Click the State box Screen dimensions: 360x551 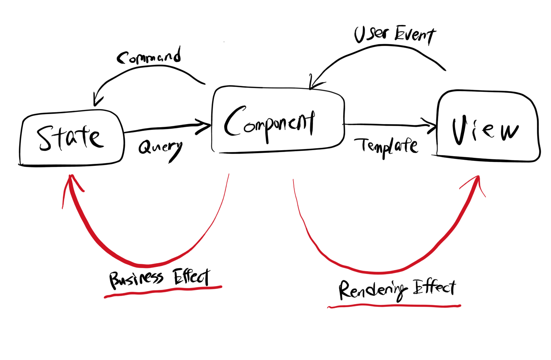pyautogui.click(x=72, y=139)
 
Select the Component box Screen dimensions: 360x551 pyautogui.click(x=278, y=119)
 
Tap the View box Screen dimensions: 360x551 pyautogui.click(x=487, y=126)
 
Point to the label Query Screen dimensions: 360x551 pyautogui.click(x=160, y=149)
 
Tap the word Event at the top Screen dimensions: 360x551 pyautogui.click(x=415, y=35)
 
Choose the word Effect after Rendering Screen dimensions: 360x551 pyautogui.click(x=435, y=287)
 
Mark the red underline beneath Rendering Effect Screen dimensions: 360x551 pyautogui.click(x=394, y=306)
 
